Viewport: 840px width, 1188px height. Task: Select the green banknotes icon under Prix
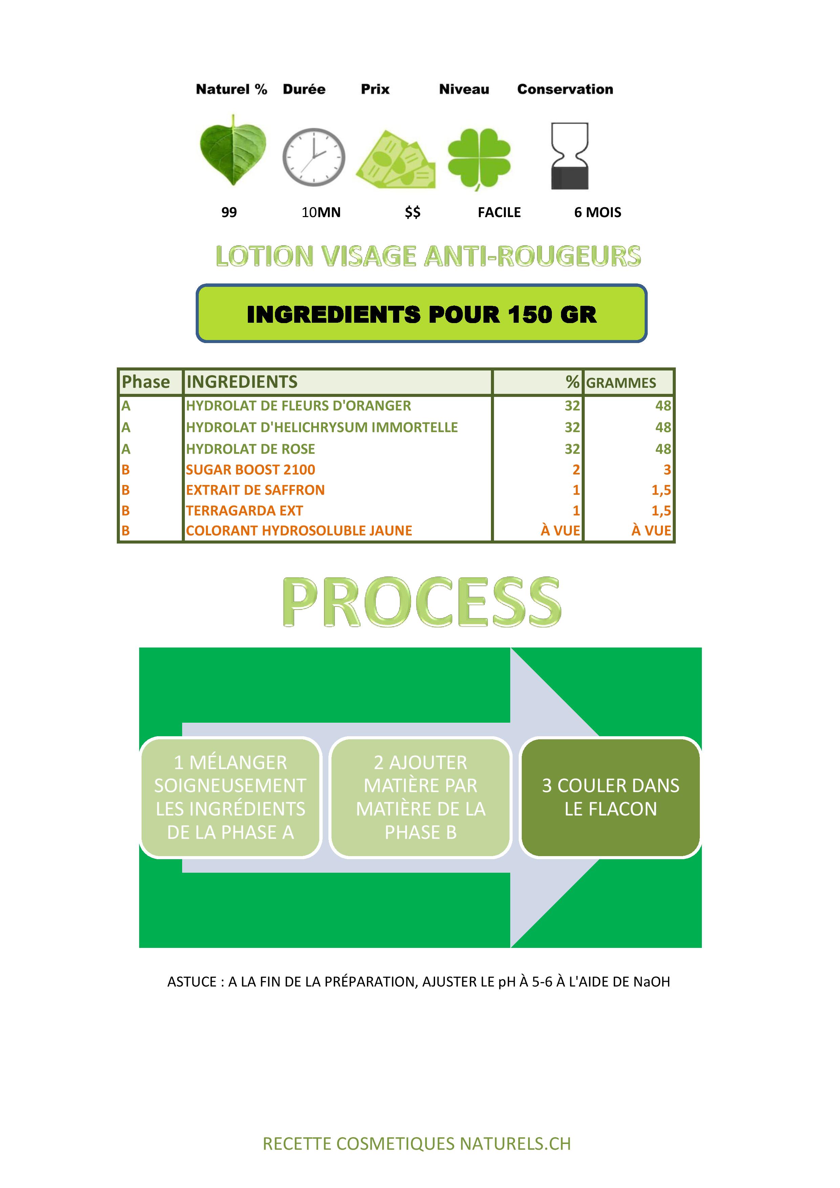click(396, 160)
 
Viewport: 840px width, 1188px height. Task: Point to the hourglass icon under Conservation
click(569, 156)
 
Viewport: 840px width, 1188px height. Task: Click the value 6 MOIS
click(598, 212)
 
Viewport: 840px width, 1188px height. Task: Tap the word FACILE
click(499, 212)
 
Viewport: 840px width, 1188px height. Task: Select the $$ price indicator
click(413, 212)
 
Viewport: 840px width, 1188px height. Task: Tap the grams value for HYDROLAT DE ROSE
click(663, 449)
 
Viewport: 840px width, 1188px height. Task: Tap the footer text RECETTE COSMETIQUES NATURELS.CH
click(417, 1144)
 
